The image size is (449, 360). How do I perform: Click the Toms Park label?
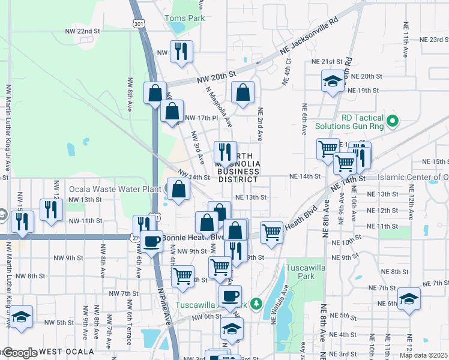(x=184, y=18)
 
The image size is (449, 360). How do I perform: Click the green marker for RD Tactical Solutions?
(x=393, y=122)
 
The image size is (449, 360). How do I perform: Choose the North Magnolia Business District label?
(x=238, y=171)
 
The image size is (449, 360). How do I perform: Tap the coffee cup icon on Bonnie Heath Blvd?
(x=152, y=241)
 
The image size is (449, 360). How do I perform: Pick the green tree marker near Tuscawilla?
(x=257, y=304)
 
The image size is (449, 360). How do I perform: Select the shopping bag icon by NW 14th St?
(x=179, y=190)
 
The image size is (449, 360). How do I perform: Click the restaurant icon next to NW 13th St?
(x=51, y=209)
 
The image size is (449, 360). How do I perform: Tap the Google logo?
(x=20, y=352)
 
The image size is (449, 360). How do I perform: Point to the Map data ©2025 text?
(x=423, y=355)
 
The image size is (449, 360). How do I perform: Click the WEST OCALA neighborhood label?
(x=67, y=351)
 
